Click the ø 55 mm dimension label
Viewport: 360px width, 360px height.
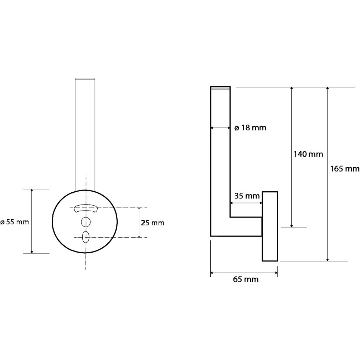point(15,222)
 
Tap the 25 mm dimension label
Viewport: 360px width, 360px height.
point(153,223)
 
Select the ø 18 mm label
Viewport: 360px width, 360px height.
point(250,128)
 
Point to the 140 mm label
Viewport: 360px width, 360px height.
point(308,154)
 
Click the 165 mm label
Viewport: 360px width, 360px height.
point(345,169)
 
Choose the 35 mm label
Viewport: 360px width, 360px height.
point(247,196)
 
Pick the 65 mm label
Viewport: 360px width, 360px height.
point(246,279)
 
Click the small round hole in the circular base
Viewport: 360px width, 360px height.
point(86,222)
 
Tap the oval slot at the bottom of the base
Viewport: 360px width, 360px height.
point(86,237)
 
